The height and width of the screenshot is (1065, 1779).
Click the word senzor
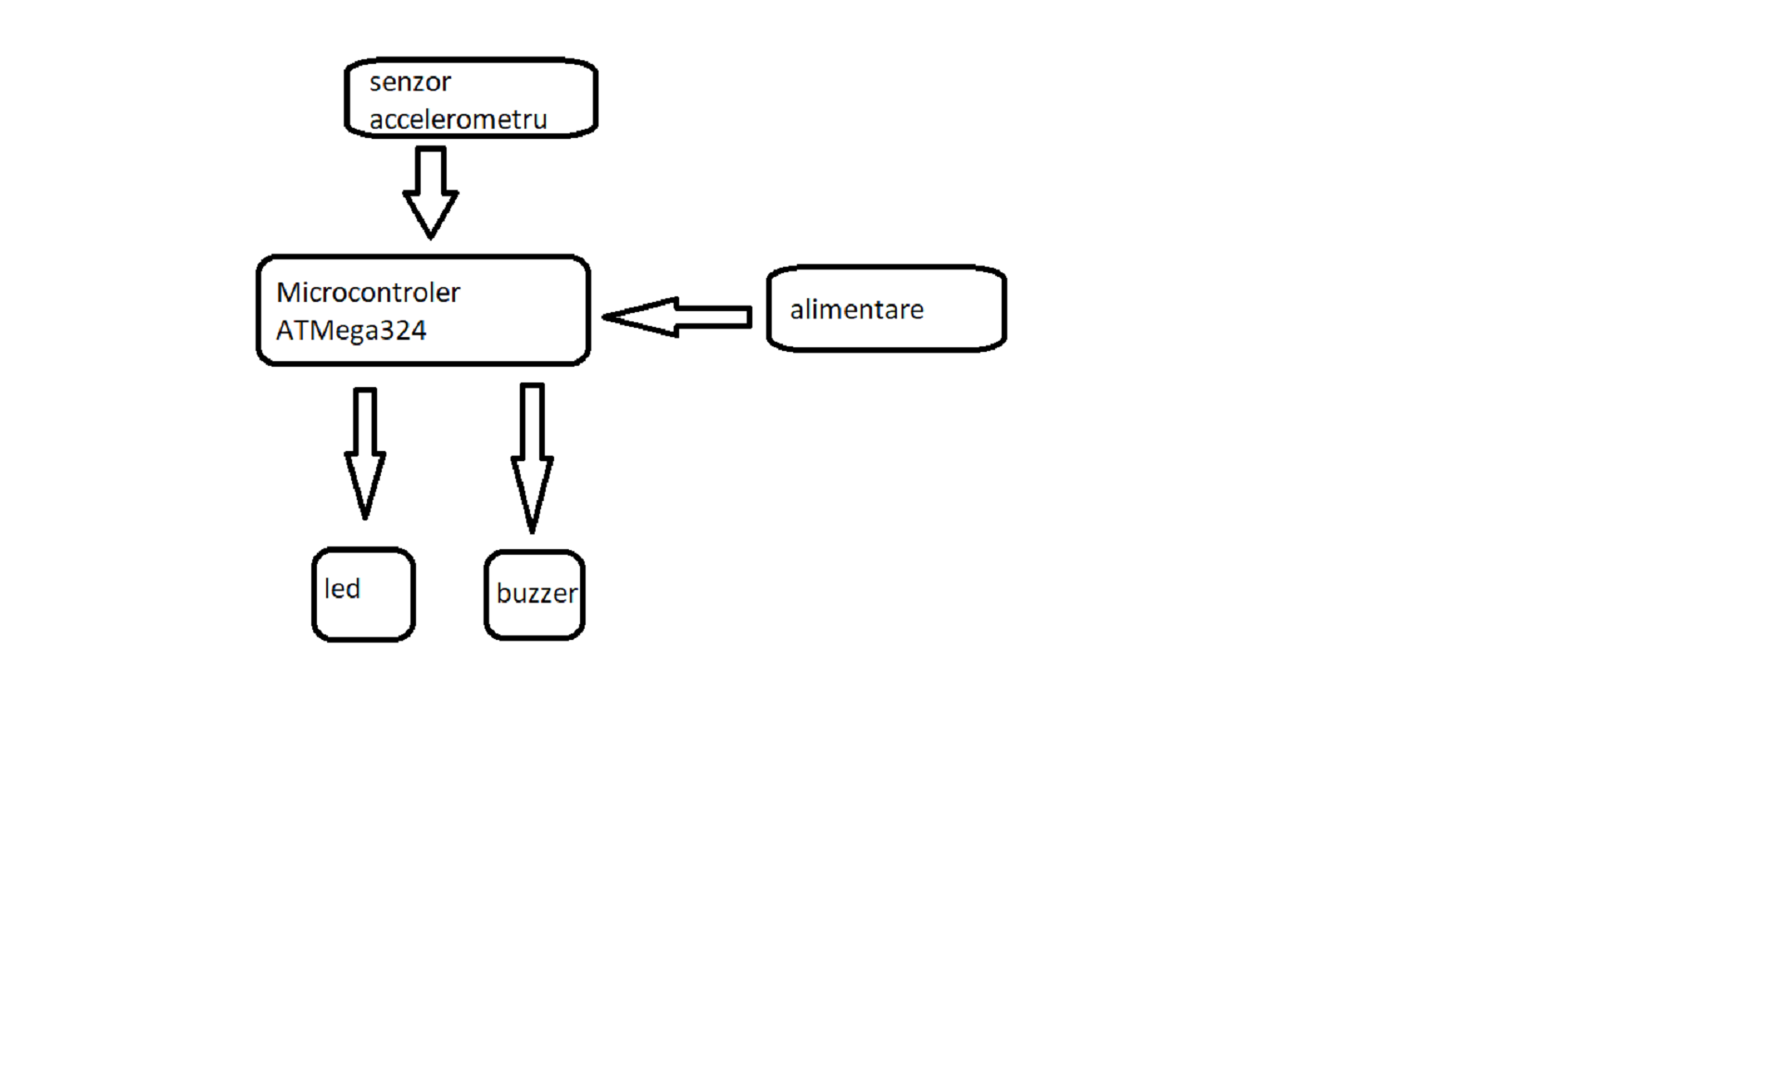point(410,82)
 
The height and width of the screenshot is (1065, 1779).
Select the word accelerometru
point(458,119)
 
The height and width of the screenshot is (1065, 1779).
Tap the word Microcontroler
point(368,293)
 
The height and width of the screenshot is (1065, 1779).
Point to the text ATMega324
point(351,331)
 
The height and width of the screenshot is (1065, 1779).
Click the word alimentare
point(856,309)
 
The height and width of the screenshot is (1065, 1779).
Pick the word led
point(342,588)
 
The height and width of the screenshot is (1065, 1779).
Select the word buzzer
point(536,594)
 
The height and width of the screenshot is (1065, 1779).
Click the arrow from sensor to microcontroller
point(431,193)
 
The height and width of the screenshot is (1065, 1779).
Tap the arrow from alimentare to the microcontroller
point(676,317)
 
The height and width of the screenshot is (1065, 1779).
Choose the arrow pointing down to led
point(365,454)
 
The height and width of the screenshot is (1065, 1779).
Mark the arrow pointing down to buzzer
point(532,458)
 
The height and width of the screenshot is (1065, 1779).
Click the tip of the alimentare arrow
point(603,317)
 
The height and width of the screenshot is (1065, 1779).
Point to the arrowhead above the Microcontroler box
point(431,213)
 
